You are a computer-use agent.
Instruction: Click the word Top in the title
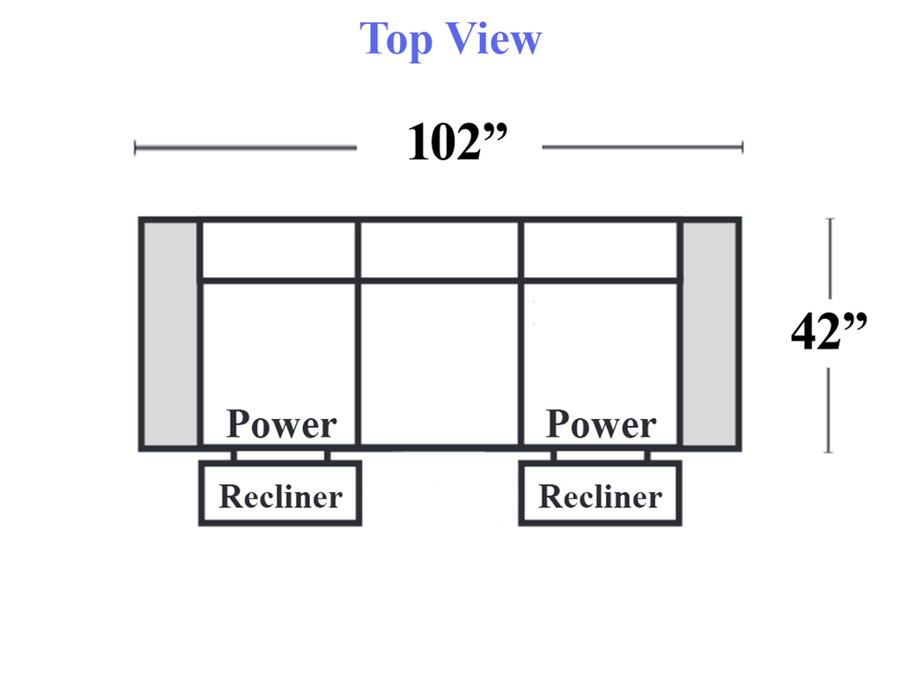[396, 40]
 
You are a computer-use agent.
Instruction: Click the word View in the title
[494, 39]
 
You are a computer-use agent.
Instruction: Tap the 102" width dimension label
[457, 142]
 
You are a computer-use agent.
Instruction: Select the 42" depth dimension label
[829, 331]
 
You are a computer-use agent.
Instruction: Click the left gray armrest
[170, 335]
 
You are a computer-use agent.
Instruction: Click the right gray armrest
[709, 335]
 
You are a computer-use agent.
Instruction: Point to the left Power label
[281, 424]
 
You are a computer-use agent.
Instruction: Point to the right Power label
[601, 424]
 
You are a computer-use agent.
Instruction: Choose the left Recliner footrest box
[280, 493]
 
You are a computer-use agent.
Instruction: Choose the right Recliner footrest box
[600, 493]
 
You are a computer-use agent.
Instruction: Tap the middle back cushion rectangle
[440, 250]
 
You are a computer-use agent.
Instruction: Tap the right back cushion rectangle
[601, 250]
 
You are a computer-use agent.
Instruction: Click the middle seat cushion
[440, 364]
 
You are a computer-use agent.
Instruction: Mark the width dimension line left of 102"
[246, 148]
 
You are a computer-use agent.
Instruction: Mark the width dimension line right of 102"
[642, 147]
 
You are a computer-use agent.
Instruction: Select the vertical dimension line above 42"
[830, 258]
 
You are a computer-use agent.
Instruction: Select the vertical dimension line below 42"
[829, 410]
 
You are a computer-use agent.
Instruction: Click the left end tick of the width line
[135, 148]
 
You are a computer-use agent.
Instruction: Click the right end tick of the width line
[743, 147]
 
